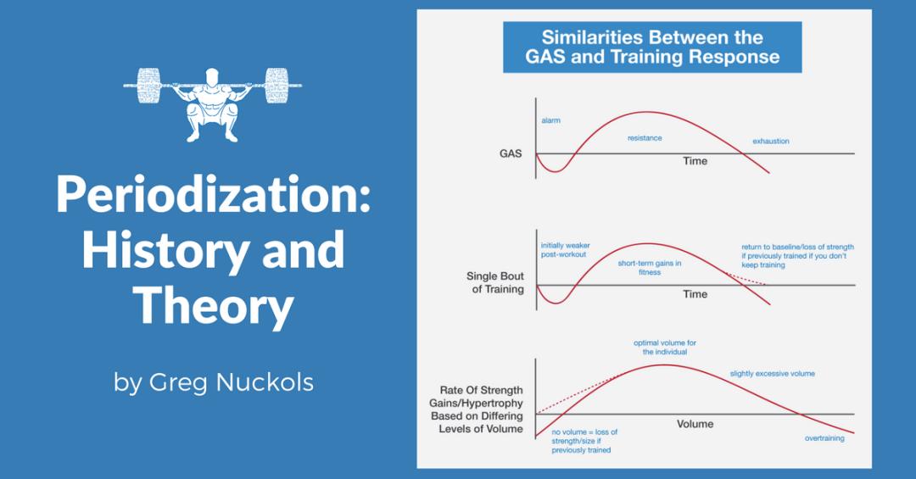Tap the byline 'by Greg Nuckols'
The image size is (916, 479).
point(213,382)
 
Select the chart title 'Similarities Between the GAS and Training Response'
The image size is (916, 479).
point(651,47)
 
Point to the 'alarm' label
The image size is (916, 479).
point(550,120)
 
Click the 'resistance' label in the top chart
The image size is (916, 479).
point(645,137)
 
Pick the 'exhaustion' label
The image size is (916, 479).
point(770,141)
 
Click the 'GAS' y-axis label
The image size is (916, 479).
point(511,154)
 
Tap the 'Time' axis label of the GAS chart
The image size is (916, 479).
point(695,161)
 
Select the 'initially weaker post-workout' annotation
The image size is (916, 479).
point(565,251)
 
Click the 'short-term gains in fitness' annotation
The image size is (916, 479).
point(650,268)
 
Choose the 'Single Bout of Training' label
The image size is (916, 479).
point(495,282)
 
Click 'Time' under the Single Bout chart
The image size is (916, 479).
point(695,294)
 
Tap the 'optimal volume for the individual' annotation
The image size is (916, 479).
point(665,347)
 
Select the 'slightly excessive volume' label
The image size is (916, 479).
point(772,374)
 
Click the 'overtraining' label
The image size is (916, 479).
point(824,438)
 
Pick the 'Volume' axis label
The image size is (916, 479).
point(695,423)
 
